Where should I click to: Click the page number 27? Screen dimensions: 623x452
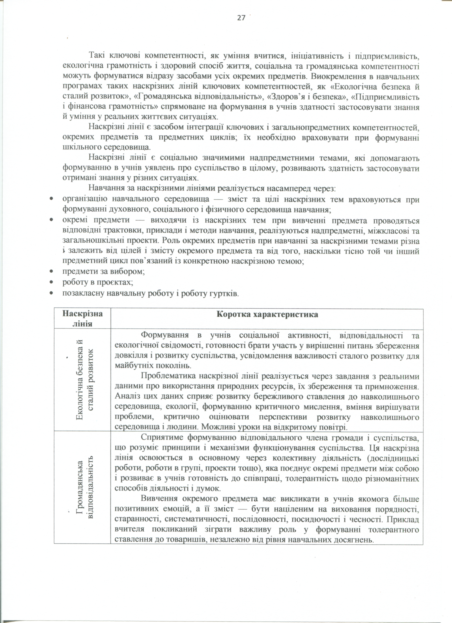click(x=241, y=18)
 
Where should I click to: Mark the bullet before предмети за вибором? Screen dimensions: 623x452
click(x=51, y=272)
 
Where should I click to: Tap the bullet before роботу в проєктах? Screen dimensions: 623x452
click(x=51, y=282)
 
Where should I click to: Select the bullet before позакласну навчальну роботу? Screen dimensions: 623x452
click(x=51, y=293)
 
